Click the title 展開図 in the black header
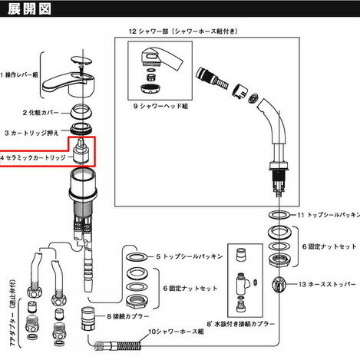point(29,9)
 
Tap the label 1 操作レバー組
point(19,75)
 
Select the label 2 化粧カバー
point(41,113)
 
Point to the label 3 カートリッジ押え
point(31,133)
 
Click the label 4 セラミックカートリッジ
point(33,157)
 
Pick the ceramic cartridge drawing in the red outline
point(81,151)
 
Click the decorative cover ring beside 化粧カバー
point(81,112)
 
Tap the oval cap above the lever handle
point(81,61)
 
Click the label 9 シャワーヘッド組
point(160,106)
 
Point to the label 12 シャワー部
point(149,31)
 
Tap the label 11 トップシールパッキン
point(329,215)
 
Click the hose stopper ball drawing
point(279,284)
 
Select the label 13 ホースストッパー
point(327,284)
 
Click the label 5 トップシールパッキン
point(190,256)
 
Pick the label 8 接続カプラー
point(128,316)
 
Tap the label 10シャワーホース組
point(176,332)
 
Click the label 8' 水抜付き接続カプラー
point(241,324)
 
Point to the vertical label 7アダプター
point(13,312)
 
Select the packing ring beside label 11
point(279,215)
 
